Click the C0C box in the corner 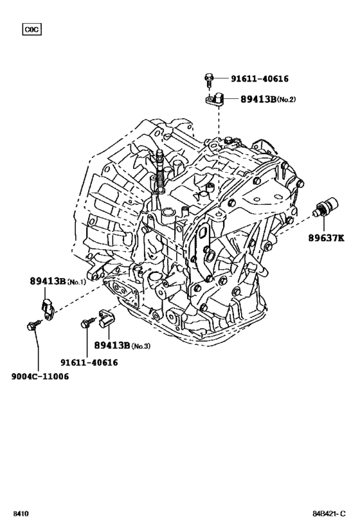[x=32, y=29]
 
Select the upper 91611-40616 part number [x=259, y=79]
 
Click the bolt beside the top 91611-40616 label [x=210, y=80]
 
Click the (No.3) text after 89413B [x=141, y=346]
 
